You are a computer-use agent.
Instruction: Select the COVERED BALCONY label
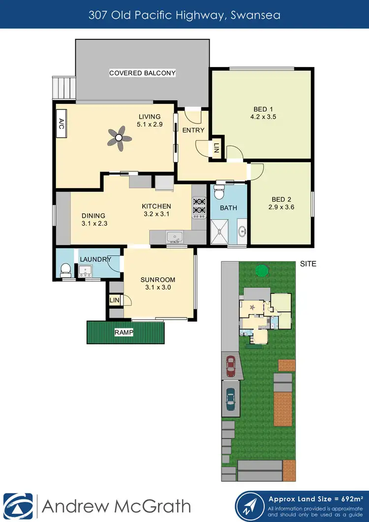pyautogui.click(x=142, y=73)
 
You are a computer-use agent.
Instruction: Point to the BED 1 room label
pyautogui.click(x=261, y=109)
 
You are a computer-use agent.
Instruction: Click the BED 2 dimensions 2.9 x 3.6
pyautogui.click(x=282, y=207)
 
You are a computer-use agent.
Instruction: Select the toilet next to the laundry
pyautogui.click(x=64, y=269)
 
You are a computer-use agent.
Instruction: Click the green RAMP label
pyautogui.click(x=123, y=332)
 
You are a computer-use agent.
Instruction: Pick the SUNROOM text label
pyautogui.click(x=157, y=280)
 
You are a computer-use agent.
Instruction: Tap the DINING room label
pyautogui.click(x=93, y=216)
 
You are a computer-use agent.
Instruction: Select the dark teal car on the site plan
pyautogui.click(x=230, y=399)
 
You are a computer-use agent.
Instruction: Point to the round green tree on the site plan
pyautogui.click(x=262, y=270)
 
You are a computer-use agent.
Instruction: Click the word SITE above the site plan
pyautogui.click(x=308, y=264)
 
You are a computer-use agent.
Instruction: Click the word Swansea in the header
pyautogui.click(x=257, y=15)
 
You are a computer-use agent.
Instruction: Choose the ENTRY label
pyautogui.click(x=193, y=130)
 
